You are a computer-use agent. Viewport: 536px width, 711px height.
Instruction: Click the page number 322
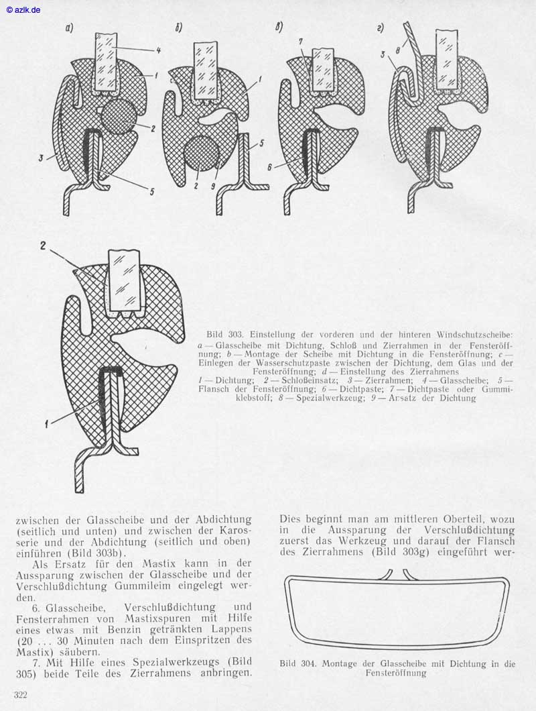[x=20, y=695]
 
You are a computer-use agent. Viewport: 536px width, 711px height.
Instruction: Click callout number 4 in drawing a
[x=158, y=51]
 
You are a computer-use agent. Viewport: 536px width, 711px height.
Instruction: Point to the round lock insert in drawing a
[x=117, y=114]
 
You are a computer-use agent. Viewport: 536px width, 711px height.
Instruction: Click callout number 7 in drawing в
[x=300, y=42]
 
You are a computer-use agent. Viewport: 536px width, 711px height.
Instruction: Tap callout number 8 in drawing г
[x=398, y=50]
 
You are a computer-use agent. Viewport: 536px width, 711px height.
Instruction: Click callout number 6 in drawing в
[x=271, y=167]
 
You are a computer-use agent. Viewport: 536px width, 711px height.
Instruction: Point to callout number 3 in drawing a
[x=42, y=158]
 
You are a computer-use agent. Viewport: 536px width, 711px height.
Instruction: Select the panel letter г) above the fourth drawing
[x=381, y=28]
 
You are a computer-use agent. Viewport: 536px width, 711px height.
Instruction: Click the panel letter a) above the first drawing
[x=69, y=28]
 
